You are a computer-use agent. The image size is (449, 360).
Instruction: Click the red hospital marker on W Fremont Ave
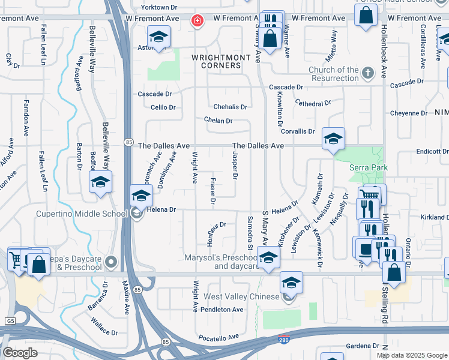[196, 22]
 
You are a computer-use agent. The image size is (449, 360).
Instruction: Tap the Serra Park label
[369, 168]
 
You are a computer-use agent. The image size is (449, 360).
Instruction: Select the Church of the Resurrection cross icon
[367, 73]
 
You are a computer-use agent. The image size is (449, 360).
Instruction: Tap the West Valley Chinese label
[242, 296]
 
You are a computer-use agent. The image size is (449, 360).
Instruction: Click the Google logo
[20, 353]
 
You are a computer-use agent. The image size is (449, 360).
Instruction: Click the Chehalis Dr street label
[230, 107]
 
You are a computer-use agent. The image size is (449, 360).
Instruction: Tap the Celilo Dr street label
[163, 108]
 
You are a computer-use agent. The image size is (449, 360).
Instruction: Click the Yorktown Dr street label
[159, 8]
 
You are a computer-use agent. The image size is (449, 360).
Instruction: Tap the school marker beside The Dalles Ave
[333, 139]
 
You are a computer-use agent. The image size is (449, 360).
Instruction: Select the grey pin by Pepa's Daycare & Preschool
[110, 262]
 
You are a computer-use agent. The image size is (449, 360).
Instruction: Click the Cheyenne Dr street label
[419, 113]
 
